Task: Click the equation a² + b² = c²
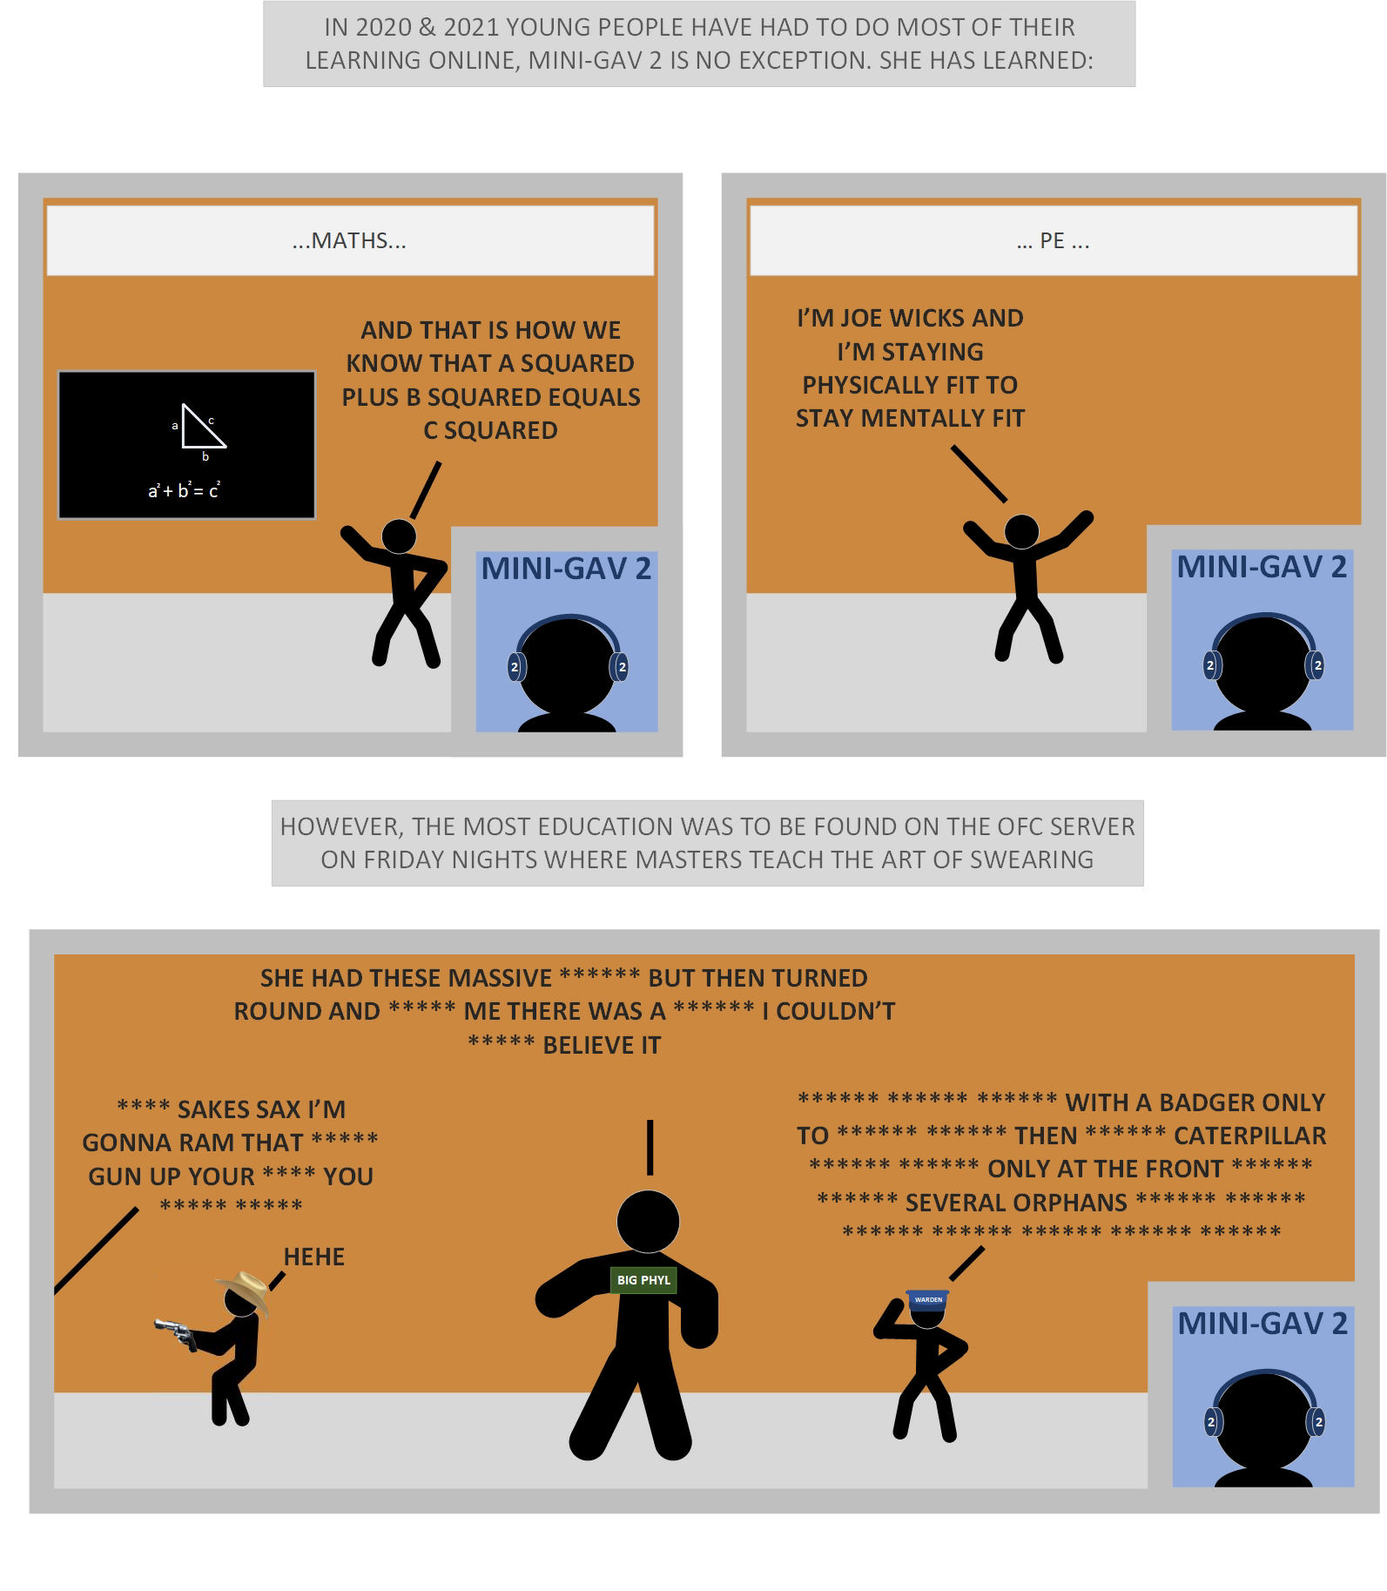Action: pos(184,490)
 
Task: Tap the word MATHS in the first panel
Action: pos(349,240)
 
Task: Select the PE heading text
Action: pos(1053,240)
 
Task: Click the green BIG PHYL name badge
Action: pos(643,1280)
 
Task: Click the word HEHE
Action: pos(314,1257)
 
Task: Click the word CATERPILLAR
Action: pos(1249,1136)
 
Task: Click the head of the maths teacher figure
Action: pos(399,536)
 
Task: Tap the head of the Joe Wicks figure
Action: pos(1022,531)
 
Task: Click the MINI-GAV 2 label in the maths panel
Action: pos(566,569)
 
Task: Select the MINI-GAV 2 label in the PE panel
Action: pos(1262,567)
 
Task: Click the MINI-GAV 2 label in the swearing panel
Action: pos(1262,1324)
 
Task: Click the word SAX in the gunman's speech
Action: pos(276,1109)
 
